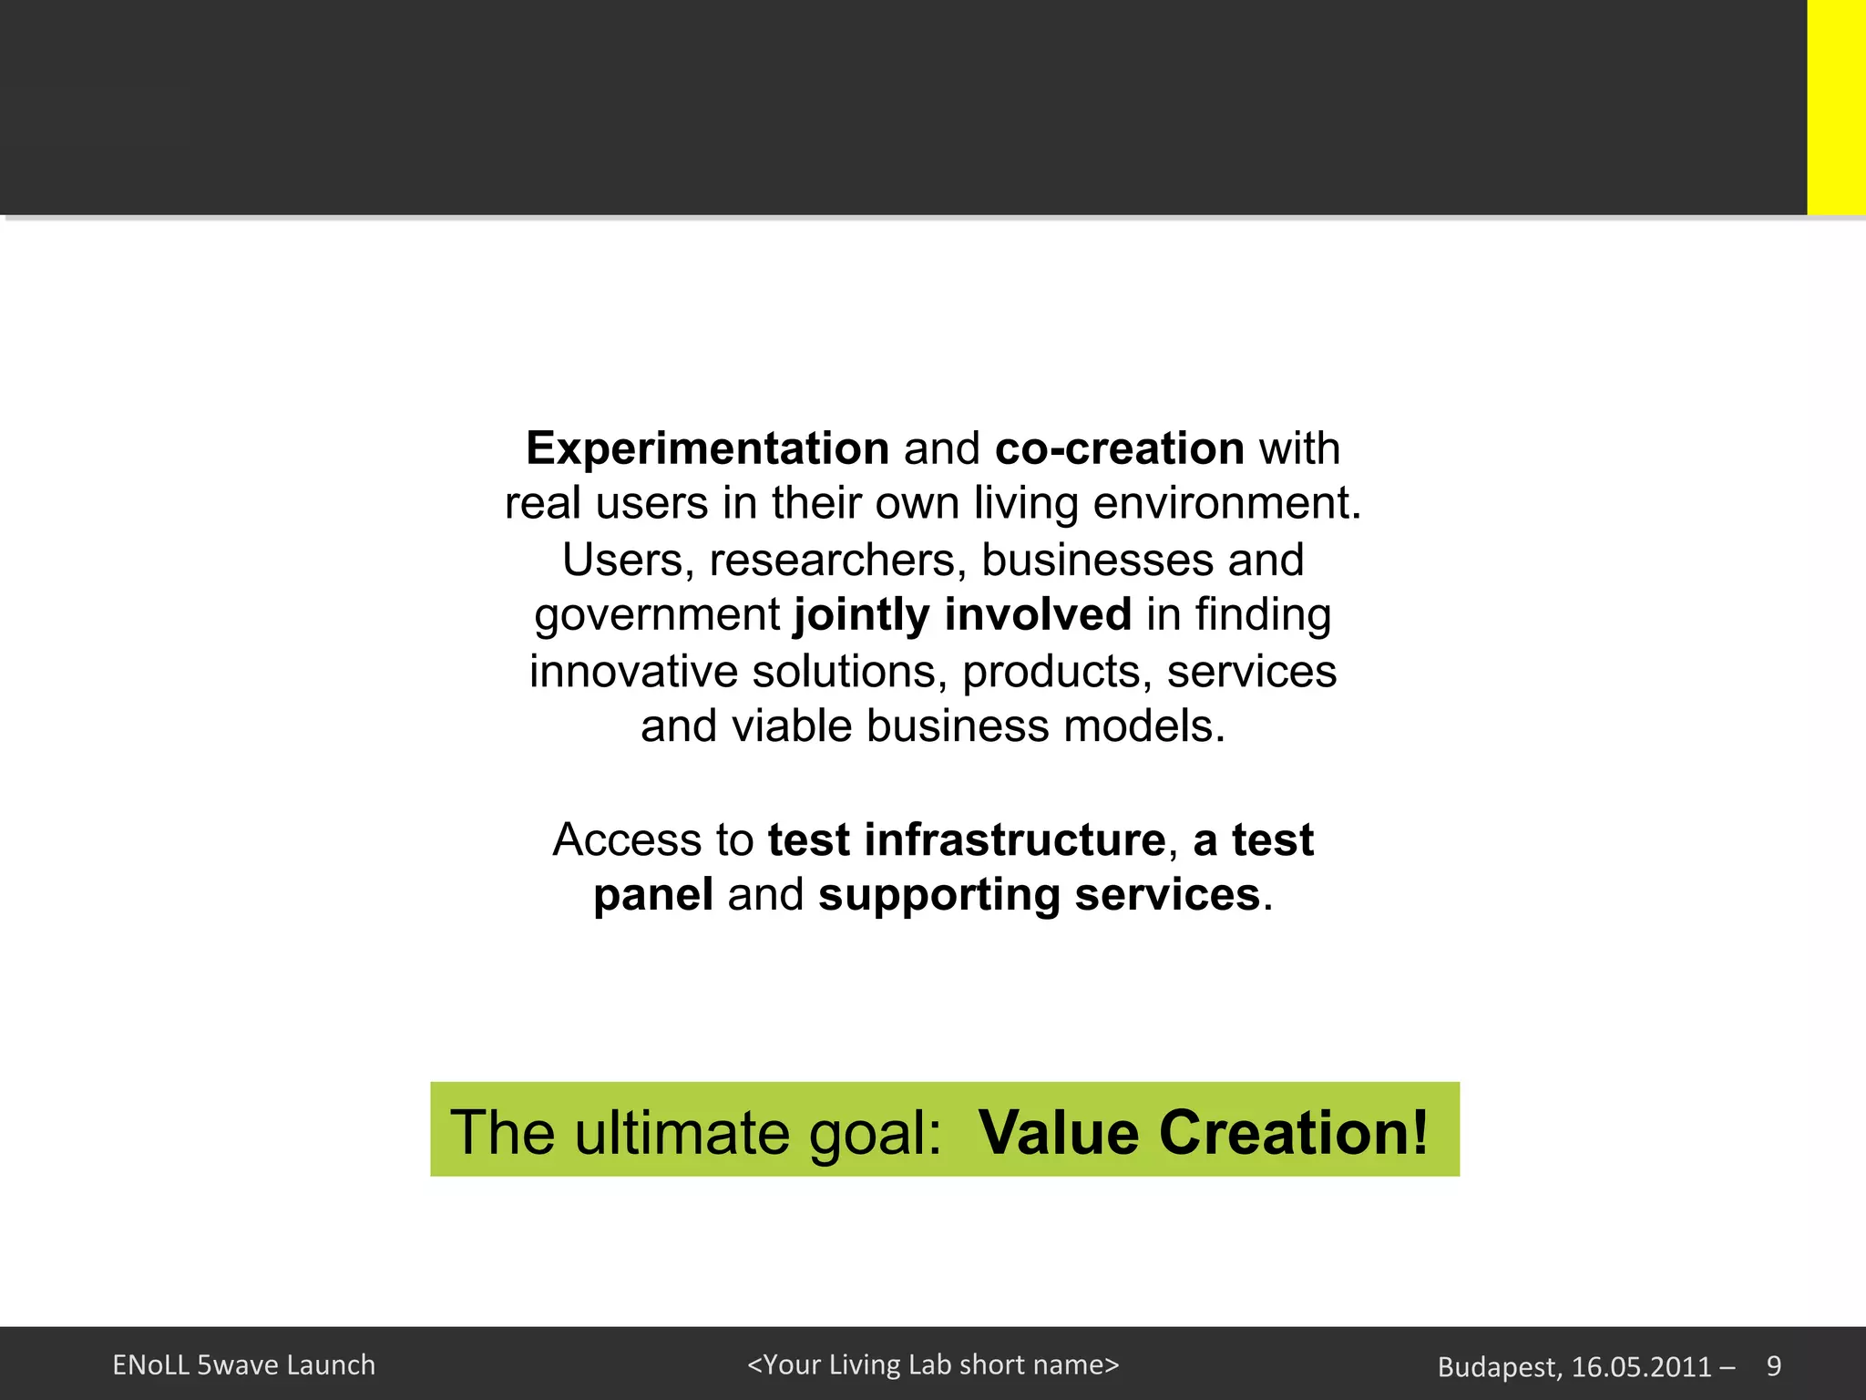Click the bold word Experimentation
[x=707, y=448]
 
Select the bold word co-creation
[x=1119, y=448]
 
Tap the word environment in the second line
[x=1226, y=503]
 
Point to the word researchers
[x=837, y=560]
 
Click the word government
[x=657, y=616]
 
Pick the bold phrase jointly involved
[x=962, y=614]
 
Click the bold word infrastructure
[x=1014, y=839]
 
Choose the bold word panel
[x=653, y=895]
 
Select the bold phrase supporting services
[x=1039, y=895]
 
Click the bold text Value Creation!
[x=1203, y=1132]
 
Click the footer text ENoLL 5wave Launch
[x=243, y=1365]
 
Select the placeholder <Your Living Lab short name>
[x=932, y=1364]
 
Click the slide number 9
[x=1773, y=1365]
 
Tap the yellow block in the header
[x=1836, y=108]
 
